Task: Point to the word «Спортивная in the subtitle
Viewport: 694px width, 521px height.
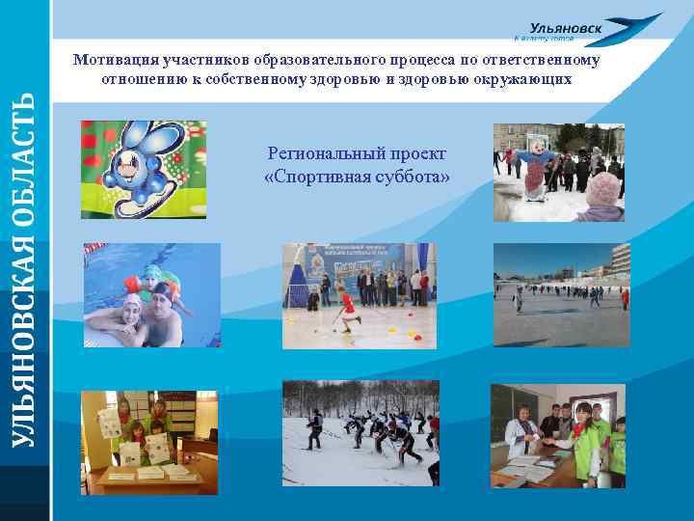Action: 310,177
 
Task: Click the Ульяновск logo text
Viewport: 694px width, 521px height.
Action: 566,29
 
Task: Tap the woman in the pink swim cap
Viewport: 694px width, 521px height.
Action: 132,316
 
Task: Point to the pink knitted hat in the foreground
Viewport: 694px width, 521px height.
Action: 603,190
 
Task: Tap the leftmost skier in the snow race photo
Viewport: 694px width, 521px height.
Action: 313,428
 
